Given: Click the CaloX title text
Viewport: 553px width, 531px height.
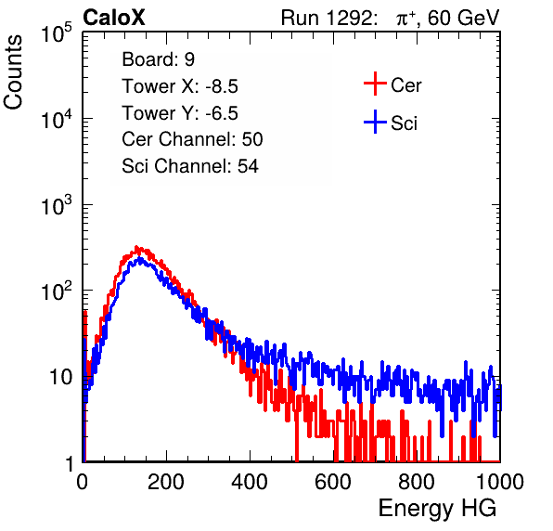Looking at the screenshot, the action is tap(114, 18).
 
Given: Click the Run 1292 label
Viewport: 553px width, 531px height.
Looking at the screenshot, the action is tap(327, 18).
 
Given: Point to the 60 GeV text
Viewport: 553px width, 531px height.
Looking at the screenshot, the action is tap(464, 18).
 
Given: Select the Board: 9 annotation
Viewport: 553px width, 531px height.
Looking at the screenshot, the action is tap(158, 59).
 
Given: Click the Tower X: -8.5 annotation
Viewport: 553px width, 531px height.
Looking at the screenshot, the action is tap(180, 86).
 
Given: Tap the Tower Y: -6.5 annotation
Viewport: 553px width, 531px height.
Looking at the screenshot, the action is tap(180, 113).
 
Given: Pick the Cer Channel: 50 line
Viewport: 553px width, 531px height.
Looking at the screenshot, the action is tap(192, 139).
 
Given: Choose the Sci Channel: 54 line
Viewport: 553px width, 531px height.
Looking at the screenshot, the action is tap(190, 166).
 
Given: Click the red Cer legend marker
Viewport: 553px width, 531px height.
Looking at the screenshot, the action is tap(375, 84).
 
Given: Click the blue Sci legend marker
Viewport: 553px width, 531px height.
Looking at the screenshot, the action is tap(375, 122).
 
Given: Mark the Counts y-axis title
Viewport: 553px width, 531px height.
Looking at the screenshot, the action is tap(13, 72).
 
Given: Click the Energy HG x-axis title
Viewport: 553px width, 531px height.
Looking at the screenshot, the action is tap(437, 509).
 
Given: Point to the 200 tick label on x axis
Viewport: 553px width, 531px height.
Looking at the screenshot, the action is tap(166, 482).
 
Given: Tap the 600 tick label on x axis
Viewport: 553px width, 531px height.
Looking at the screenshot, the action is tap(333, 482).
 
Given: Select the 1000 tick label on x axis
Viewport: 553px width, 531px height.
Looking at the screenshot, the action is tap(500, 482).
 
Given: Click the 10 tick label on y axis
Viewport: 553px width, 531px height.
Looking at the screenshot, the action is tap(60, 377).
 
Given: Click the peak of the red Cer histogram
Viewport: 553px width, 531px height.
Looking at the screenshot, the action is tap(136, 247).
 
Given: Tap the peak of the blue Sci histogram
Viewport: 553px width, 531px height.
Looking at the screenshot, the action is tap(140, 259).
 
